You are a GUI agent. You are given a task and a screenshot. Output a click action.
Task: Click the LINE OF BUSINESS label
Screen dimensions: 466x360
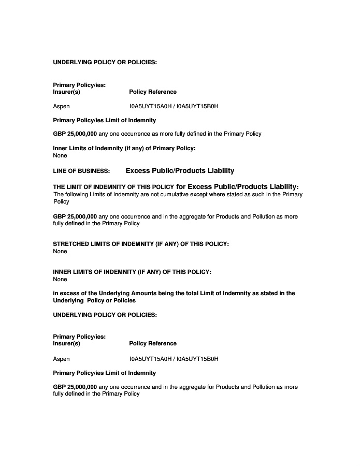coord(81,171)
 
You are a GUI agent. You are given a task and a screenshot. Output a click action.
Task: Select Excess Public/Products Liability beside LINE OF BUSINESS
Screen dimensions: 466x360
coord(180,170)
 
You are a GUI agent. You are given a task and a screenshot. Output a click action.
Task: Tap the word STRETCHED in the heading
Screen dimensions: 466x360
coord(72,244)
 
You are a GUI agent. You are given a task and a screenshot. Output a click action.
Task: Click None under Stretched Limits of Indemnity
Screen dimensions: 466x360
coord(60,251)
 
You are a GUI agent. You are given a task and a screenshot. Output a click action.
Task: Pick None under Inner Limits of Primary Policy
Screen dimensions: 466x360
coord(60,155)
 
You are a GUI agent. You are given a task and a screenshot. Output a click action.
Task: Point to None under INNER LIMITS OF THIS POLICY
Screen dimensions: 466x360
coord(60,279)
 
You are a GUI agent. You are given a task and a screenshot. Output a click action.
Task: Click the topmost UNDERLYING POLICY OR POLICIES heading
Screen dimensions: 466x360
coord(105,62)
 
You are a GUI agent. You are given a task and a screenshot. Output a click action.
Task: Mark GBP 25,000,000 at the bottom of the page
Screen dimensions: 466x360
coord(75,387)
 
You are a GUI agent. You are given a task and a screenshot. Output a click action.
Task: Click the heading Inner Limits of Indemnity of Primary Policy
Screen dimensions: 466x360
coord(124,149)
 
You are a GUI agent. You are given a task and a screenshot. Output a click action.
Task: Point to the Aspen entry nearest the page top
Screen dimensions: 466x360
coord(62,106)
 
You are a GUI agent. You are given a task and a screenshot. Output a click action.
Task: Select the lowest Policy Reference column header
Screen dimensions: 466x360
coord(153,343)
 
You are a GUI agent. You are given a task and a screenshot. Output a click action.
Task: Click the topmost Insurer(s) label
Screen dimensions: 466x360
coord(67,92)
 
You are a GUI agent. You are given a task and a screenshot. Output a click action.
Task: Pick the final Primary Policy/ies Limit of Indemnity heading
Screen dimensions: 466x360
coord(105,373)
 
